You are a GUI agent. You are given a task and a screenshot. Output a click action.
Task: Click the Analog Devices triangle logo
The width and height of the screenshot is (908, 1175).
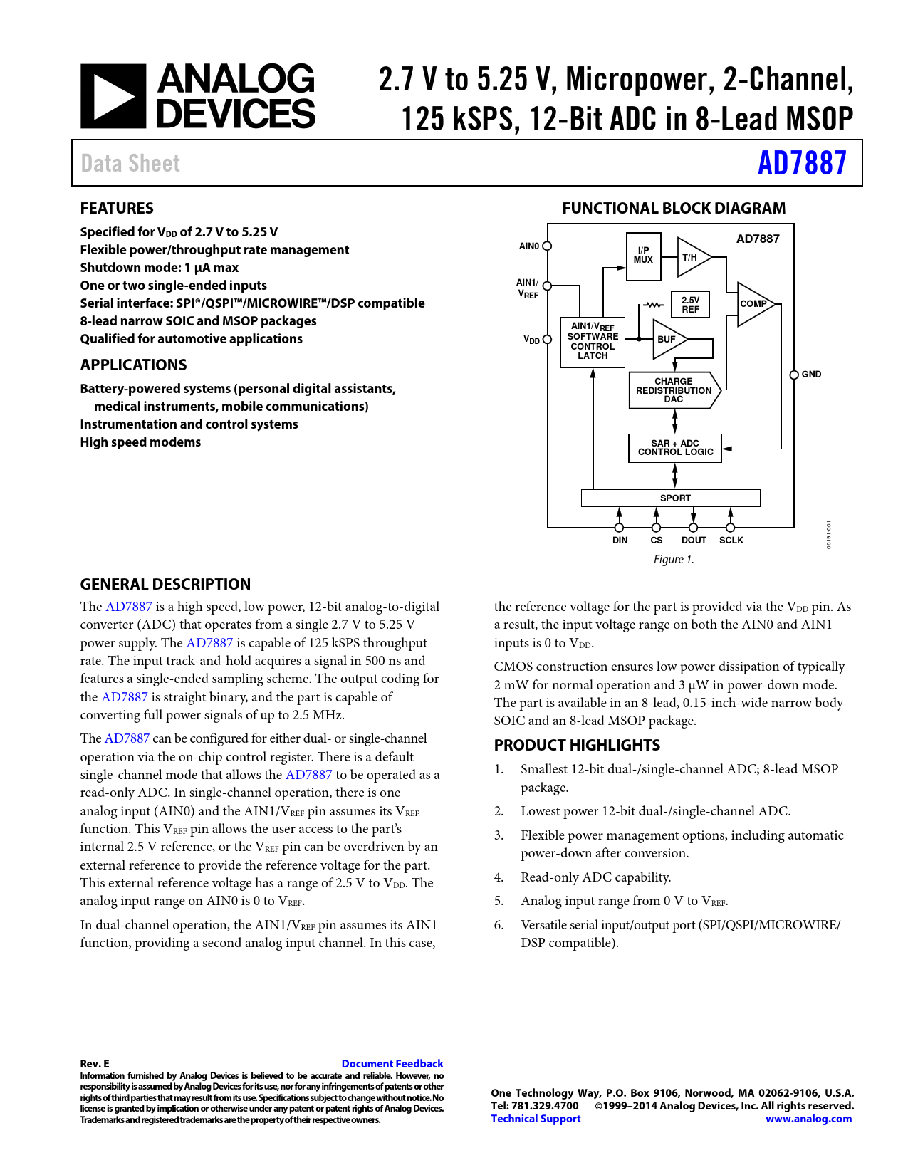(113, 96)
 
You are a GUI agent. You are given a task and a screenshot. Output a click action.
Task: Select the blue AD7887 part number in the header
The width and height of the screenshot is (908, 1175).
(802, 163)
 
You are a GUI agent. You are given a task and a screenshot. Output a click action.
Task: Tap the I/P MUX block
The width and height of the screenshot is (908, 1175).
(643, 256)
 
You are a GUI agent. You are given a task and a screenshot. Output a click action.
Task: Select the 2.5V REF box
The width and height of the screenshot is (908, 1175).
(690, 305)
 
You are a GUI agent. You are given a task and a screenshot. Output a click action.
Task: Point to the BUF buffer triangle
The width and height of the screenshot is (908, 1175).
(667, 340)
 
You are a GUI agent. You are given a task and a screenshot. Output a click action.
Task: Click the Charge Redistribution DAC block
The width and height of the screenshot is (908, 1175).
(674, 390)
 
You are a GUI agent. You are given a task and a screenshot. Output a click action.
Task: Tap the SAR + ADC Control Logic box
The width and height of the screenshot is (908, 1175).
(675, 448)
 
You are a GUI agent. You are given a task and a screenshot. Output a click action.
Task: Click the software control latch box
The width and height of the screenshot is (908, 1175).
(593, 341)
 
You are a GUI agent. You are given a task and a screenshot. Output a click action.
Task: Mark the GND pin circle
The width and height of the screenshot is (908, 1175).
(794, 375)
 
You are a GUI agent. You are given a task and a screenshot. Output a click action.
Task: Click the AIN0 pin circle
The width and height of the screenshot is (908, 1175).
(547, 246)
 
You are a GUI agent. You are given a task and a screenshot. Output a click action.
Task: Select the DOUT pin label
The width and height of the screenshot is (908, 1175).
(694, 540)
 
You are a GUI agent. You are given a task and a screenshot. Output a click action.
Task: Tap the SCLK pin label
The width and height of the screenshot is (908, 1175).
(731, 540)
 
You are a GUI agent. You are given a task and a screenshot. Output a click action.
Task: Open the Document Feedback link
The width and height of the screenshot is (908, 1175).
(392, 1064)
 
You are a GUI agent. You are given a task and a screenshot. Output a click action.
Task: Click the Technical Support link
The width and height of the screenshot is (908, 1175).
(536, 1119)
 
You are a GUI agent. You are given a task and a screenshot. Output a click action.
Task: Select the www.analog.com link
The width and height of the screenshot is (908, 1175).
(808, 1119)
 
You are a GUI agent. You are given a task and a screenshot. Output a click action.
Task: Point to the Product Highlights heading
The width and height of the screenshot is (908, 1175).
(577, 746)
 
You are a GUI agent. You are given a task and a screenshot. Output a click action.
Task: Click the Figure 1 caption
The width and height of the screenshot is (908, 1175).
(674, 560)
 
